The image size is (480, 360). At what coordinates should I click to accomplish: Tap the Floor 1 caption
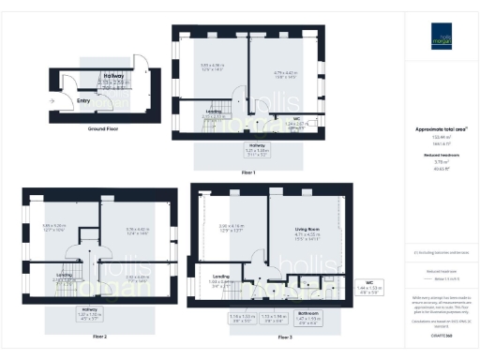point(248,173)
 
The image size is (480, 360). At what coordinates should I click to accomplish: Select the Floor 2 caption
point(100,335)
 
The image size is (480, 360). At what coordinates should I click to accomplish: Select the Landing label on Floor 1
point(214,112)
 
